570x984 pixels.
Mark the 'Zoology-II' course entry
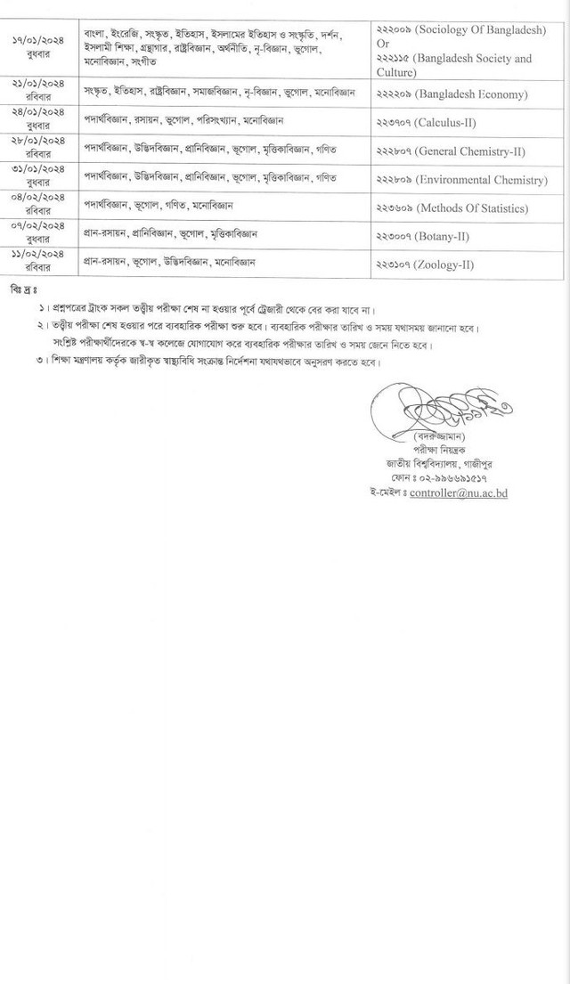(x=451, y=264)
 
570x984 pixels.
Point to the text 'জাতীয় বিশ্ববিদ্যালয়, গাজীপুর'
(x=439, y=465)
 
